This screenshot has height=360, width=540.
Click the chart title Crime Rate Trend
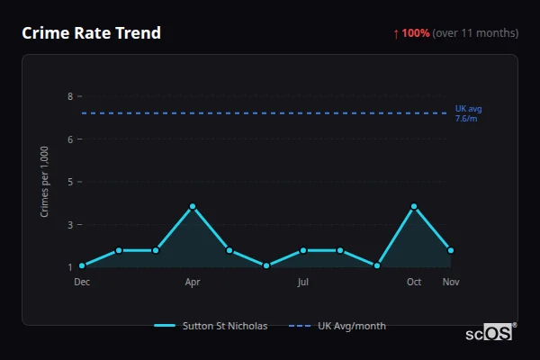coord(91,33)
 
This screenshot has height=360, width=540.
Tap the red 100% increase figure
coord(415,33)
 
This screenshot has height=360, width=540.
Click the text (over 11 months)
coord(475,33)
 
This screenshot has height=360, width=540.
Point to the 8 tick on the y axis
coord(69,96)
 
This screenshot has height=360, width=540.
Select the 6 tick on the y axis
coord(69,139)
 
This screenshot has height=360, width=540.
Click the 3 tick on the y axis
coord(69,224)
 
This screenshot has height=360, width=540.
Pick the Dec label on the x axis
coord(82,282)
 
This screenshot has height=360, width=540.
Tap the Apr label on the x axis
coord(193,282)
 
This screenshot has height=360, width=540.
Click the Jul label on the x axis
coord(303,282)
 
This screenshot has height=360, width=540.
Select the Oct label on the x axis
coord(414,282)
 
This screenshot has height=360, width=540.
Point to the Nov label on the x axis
coord(451,282)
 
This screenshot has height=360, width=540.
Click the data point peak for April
coord(193,207)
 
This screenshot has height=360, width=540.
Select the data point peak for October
coord(414,207)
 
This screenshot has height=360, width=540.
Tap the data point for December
coord(82,265)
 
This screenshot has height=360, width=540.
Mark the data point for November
coord(451,250)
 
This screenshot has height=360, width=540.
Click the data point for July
coord(303,250)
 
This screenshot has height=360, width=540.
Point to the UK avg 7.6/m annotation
coord(468,113)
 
